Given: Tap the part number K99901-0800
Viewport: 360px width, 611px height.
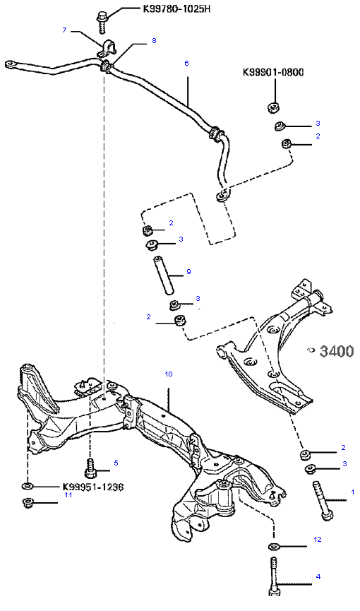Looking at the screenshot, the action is (x=273, y=73).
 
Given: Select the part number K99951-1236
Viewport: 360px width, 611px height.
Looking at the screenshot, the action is (x=93, y=487).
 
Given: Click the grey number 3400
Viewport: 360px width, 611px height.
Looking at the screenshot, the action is (x=337, y=352).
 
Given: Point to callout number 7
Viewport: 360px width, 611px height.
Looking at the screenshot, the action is (x=65, y=30).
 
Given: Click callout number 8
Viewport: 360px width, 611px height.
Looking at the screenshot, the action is (x=154, y=40).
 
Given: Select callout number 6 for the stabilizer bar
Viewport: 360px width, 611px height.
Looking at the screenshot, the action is (x=186, y=63).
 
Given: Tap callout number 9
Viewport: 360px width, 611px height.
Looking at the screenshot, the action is (x=188, y=272).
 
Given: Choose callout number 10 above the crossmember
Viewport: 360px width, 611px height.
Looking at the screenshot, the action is (x=168, y=374).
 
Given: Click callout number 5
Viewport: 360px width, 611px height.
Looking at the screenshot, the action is (x=116, y=463).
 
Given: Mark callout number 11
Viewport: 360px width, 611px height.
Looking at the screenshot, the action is (x=68, y=495).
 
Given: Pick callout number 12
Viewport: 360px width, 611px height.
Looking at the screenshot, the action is (x=318, y=539).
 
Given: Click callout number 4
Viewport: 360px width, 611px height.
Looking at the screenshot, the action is (x=318, y=576).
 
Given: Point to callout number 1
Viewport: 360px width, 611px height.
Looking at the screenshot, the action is (x=353, y=492).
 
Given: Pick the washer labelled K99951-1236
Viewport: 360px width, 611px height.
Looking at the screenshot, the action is (x=28, y=486).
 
